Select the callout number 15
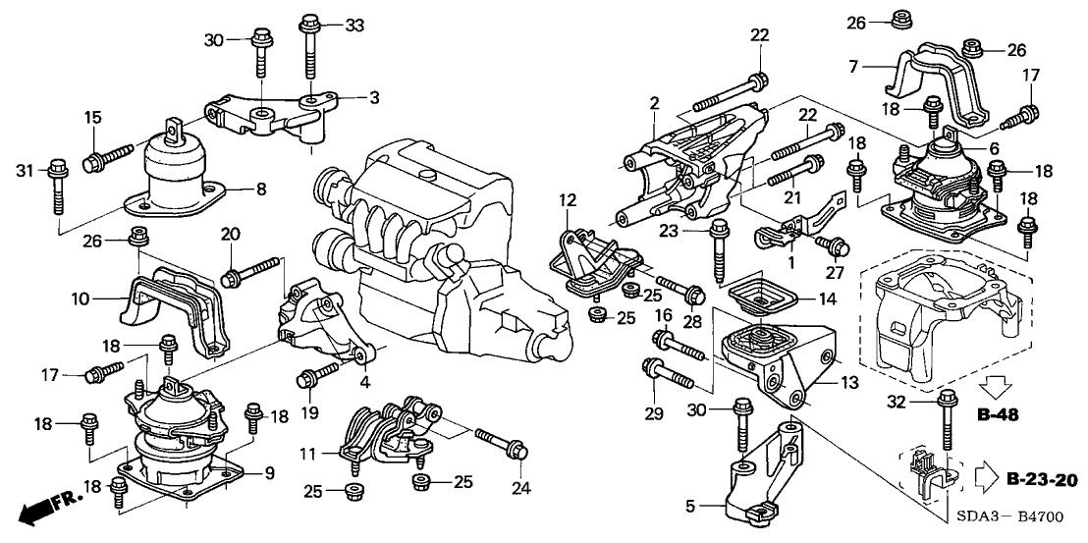pyautogui.click(x=92, y=118)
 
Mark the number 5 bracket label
pyautogui.click(x=690, y=508)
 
